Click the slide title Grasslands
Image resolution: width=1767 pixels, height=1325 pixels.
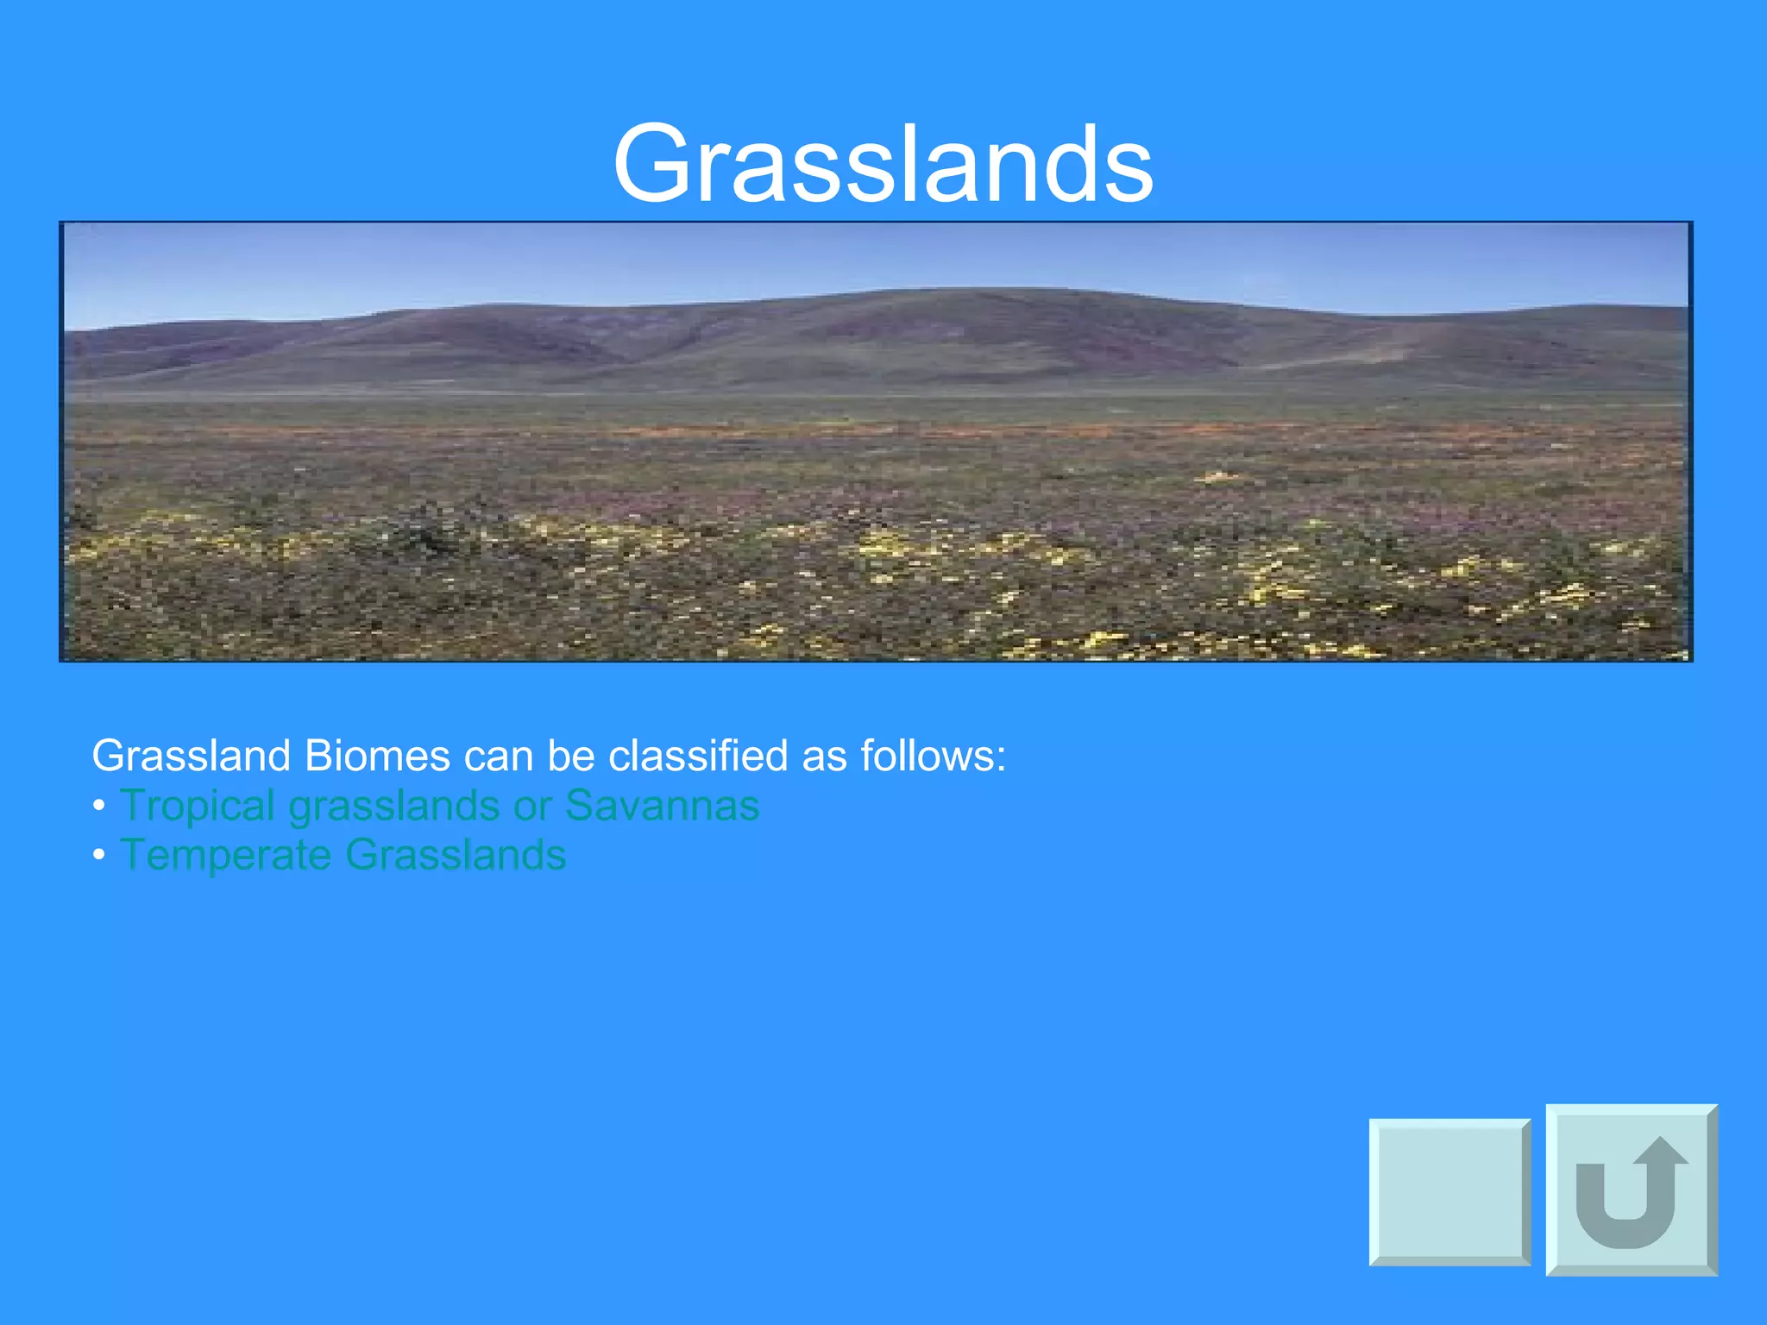pyautogui.click(x=883, y=164)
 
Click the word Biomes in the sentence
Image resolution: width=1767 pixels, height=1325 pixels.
pyautogui.click(x=376, y=757)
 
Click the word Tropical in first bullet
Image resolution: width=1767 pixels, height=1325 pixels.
pyautogui.click(x=197, y=807)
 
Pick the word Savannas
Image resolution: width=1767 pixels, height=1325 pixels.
pyautogui.click(x=662, y=805)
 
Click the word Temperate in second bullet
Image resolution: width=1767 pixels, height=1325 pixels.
pyautogui.click(x=225, y=856)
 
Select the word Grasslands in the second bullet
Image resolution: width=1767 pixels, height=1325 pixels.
pyautogui.click(x=456, y=855)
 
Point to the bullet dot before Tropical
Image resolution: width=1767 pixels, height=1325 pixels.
pyautogui.click(x=99, y=807)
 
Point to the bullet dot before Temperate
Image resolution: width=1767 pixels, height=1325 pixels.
pyautogui.click(x=99, y=856)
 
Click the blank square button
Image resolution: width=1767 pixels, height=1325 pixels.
pyautogui.click(x=1449, y=1192)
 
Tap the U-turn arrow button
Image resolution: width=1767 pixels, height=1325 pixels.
pyautogui.click(x=1631, y=1190)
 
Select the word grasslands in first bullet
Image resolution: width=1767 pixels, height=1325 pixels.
pyautogui.click(x=393, y=807)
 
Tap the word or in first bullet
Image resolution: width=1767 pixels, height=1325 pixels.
pyautogui.click(x=532, y=807)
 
